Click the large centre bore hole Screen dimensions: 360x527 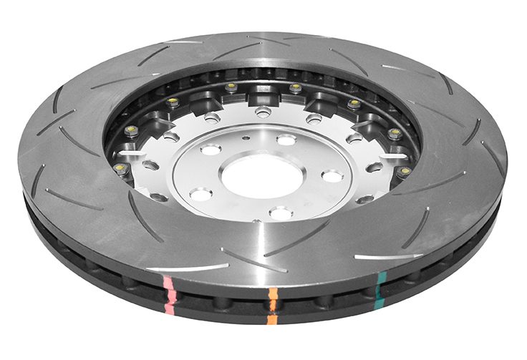coord(255,176)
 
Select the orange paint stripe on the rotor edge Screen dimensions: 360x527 coord(272,303)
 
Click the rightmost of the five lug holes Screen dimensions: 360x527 coord(332,175)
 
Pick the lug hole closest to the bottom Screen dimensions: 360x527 coord(280,213)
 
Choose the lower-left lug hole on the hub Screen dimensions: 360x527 coord(201,194)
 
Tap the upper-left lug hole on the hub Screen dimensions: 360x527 coord(211,150)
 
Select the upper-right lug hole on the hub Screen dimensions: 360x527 coord(286,140)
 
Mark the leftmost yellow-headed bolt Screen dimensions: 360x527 coord(120,168)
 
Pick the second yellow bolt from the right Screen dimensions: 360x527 coord(395,132)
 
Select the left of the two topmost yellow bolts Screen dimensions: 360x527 coord(231,87)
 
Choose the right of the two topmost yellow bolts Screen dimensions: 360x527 coord(295,88)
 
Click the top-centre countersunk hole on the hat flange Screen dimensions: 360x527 coord(263,111)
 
